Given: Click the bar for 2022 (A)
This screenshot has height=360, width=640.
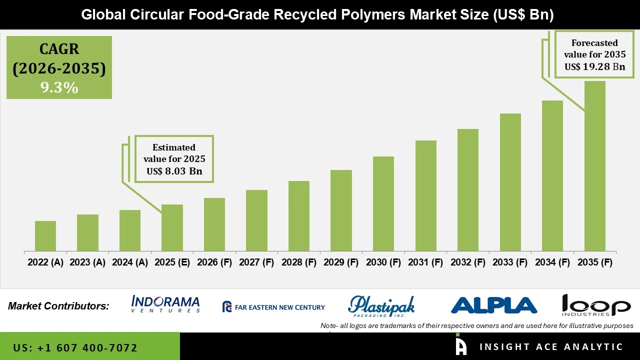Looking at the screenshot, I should point(45,236).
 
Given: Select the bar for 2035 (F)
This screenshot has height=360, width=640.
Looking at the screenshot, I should point(594,166).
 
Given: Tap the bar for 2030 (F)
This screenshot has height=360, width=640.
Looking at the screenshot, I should point(383,203).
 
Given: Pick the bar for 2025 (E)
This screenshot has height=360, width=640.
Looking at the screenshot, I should point(172,227).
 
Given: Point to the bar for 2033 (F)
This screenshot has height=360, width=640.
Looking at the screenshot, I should point(510,182).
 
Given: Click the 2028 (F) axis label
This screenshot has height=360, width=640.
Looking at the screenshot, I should point(299,262).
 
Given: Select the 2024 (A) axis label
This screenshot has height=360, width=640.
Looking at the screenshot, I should point(130,262).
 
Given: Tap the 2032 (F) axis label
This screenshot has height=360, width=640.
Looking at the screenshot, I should point(468,262).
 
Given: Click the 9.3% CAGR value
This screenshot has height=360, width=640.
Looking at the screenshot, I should point(59,88).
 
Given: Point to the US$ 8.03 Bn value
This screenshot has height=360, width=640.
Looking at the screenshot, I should point(174,171).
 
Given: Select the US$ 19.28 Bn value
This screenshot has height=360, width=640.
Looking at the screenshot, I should point(594,66).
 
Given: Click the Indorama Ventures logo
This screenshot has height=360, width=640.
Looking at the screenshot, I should point(165,304).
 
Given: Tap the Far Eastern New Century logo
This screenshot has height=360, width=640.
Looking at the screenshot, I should point(273,307).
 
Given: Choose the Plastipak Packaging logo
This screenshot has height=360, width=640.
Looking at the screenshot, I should point(381,306).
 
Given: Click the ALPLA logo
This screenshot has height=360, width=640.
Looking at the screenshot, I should point(494,305).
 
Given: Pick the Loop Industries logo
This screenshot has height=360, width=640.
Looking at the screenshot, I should point(596,305).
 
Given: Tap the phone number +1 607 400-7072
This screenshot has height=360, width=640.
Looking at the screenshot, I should point(75,347).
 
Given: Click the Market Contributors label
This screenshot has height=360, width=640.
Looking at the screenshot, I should point(58,306).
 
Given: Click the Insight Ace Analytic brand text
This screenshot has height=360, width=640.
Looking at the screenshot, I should point(551,347).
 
